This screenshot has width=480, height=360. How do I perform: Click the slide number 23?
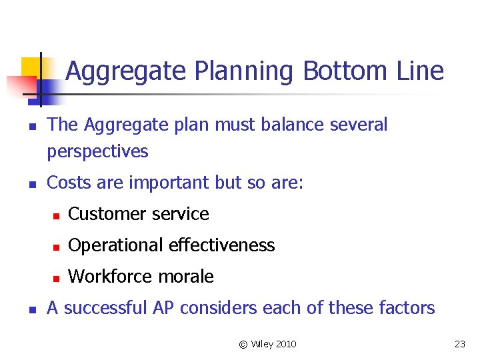459,344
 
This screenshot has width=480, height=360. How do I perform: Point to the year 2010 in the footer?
285,344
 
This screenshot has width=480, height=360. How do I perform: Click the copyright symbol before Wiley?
243,344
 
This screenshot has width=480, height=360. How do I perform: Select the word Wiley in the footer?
260,344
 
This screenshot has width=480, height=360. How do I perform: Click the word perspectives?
97,152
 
